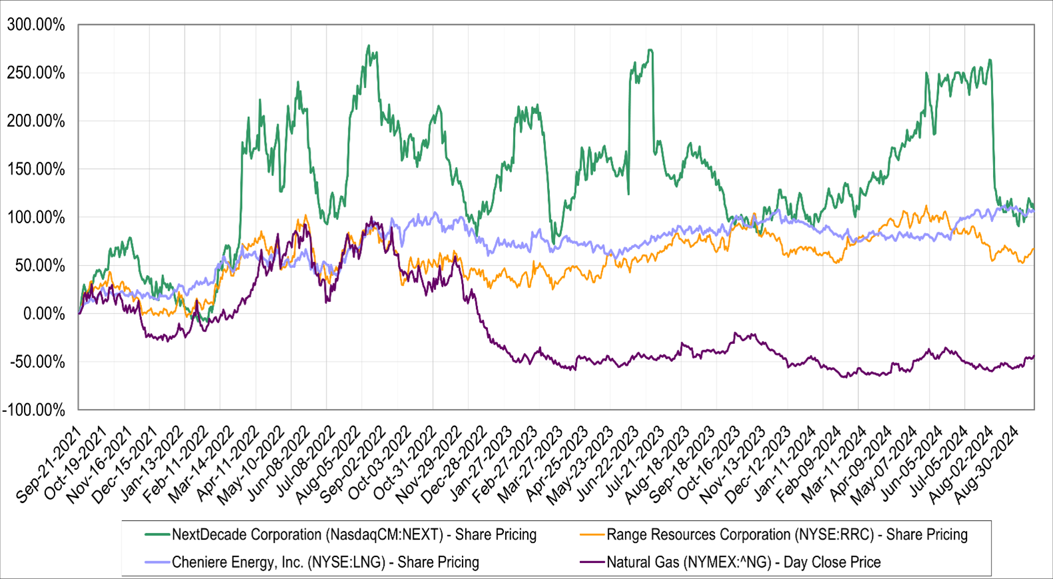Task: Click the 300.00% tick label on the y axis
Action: (36, 25)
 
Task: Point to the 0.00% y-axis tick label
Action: (44, 314)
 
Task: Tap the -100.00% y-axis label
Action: (34, 410)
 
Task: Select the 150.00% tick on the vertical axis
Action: (36, 169)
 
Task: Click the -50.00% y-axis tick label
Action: (37, 362)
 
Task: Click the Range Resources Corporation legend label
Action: (786, 534)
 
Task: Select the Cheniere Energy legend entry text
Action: (325, 562)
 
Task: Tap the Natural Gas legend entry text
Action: (743, 562)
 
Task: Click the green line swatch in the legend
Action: (157, 534)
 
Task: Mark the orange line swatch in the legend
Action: (592, 534)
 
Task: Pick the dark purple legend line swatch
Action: (592, 562)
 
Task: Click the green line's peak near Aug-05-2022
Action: (369, 46)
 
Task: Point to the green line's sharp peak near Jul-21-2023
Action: (650, 50)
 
